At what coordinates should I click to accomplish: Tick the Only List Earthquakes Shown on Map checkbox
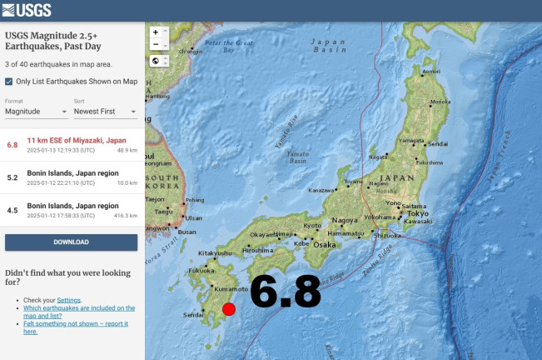point(9,81)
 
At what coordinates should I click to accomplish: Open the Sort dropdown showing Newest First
point(105,111)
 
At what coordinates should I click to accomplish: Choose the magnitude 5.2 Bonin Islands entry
point(72,177)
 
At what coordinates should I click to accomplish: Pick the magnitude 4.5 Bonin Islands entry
point(72,209)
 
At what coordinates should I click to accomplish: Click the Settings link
point(68,299)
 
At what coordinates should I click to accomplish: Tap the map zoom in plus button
point(156,32)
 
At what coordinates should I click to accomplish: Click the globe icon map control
point(156,61)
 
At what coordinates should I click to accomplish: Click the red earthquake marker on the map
point(229,309)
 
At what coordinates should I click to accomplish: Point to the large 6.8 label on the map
point(285,292)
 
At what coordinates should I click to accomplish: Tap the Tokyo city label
point(418,213)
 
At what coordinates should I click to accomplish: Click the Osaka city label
point(324,244)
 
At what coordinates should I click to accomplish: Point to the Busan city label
point(186,232)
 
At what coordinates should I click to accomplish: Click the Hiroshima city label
point(256,249)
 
